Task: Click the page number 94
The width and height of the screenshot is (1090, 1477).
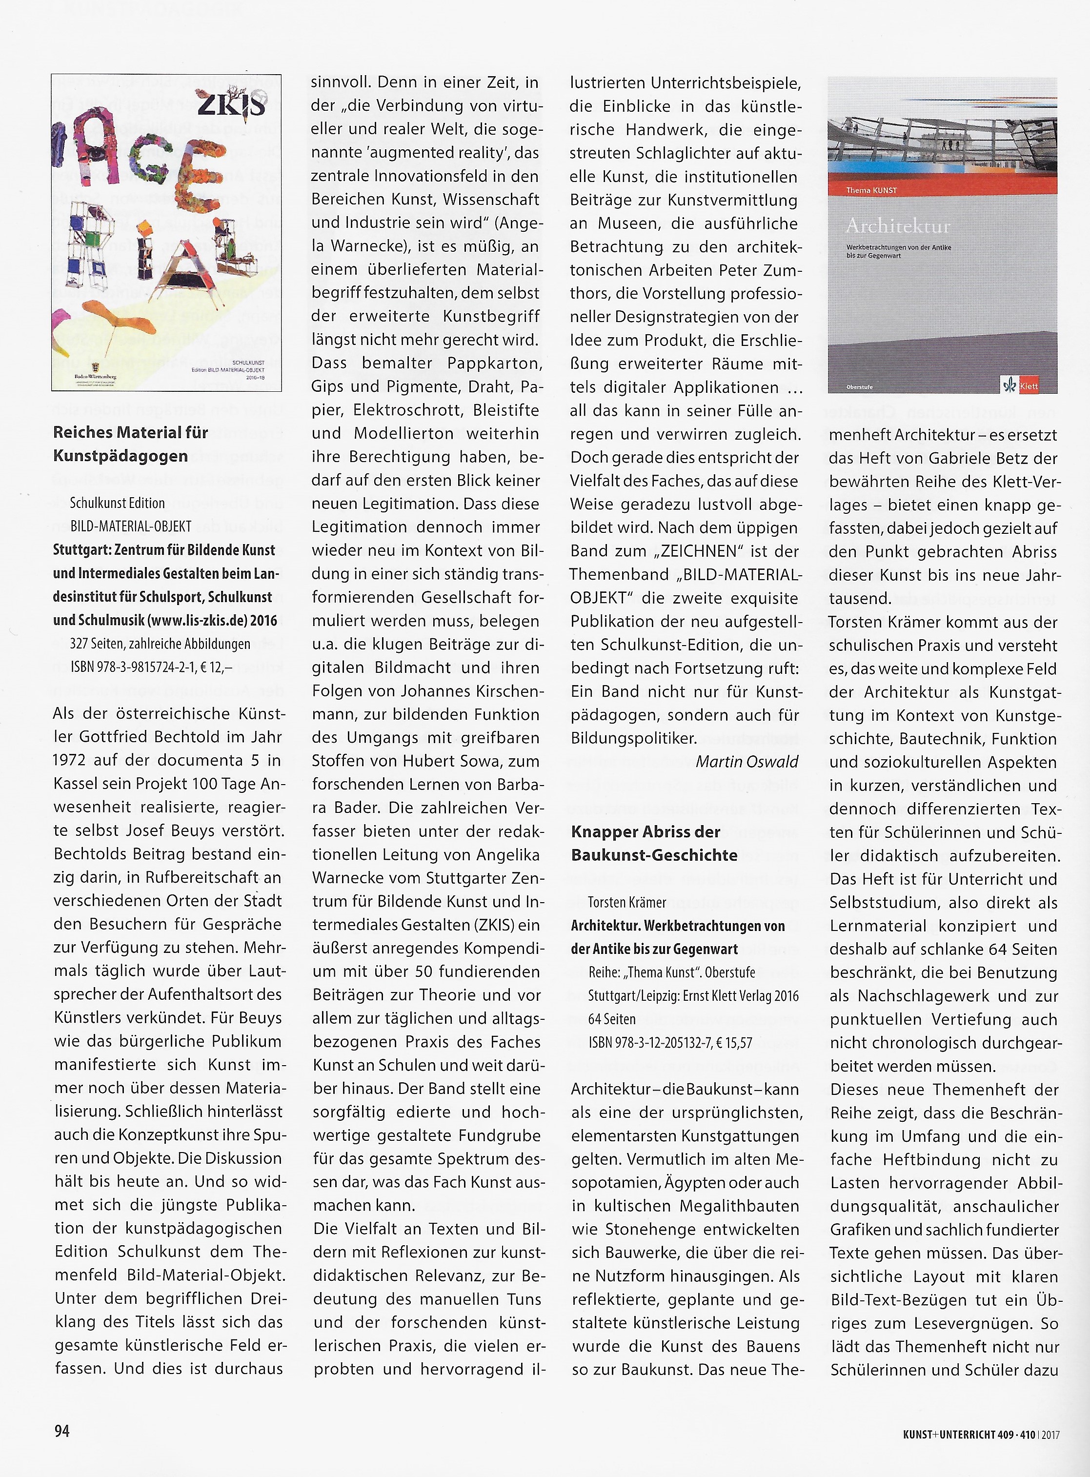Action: click(x=61, y=1430)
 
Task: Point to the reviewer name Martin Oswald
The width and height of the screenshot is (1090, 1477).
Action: click(x=747, y=762)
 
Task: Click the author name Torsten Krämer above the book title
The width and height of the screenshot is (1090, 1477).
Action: click(x=627, y=902)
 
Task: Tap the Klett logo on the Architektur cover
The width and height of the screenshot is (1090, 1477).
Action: click(x=1020, y=385)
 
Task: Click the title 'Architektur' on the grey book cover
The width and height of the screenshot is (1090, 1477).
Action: click(x=897, y=226)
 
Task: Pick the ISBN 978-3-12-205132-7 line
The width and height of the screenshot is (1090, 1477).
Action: click(x=670, y=1043)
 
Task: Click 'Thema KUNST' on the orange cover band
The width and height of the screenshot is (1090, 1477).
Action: click(x=871, y=190)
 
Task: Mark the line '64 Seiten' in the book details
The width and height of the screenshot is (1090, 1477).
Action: click(x=612, y=1019)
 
